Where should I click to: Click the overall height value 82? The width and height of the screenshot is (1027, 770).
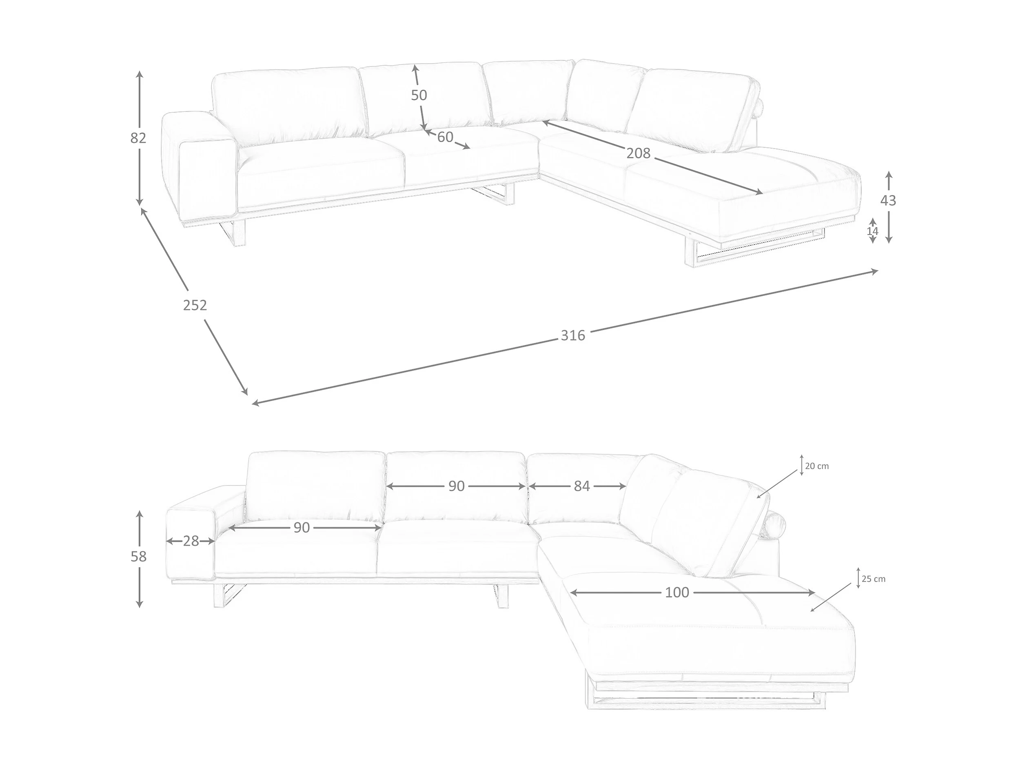[x=138, y=138]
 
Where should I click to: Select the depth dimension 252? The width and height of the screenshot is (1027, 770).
[x=195, y=305]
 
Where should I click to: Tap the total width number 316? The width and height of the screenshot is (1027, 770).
[x=572, y=335]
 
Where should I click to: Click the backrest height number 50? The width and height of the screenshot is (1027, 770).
[x=419, y=95]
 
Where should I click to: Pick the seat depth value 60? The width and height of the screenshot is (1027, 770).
[x=445, y=137]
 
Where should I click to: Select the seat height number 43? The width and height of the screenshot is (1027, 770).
[x=888, y=201]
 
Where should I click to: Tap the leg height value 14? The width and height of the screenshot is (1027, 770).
[x=872, y=231]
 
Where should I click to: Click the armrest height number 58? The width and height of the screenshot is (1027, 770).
[x=138, y=556]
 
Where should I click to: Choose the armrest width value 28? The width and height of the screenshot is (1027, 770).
[x=191, y=541]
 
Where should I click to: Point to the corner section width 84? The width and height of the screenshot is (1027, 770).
[x=581, y=486]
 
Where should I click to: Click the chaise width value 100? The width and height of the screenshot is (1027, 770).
[x=677, y=592]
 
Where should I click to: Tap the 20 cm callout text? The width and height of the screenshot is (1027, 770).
[x=817, y=466]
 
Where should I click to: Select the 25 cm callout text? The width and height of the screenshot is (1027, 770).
[x=873, y=579]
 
